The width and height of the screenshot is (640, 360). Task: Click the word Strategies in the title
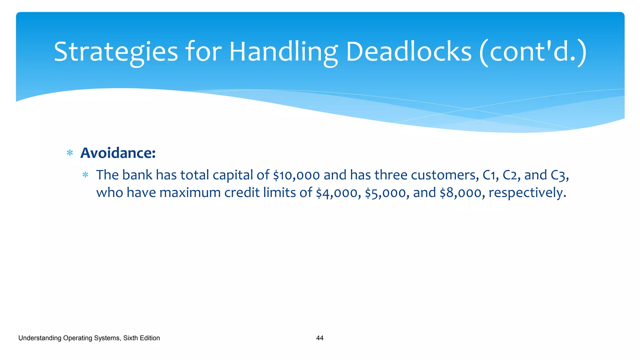point(116,52)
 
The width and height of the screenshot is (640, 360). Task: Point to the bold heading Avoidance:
point(118,153)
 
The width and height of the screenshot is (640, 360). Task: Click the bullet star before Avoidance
point(70,153)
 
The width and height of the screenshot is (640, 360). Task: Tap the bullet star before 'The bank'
point(85,175)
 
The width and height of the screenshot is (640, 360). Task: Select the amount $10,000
point(296,175)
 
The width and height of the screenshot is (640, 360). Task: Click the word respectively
point(527,193)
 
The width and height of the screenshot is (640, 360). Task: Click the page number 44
point(320,338)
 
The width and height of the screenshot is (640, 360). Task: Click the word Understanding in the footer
point(40,338)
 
